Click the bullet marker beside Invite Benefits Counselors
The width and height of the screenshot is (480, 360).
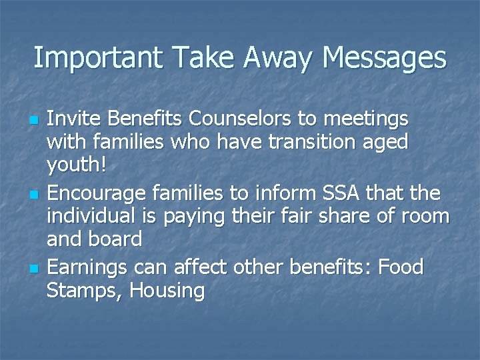[x=35, y=121]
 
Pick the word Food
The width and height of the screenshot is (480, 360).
[x=401, y=267]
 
